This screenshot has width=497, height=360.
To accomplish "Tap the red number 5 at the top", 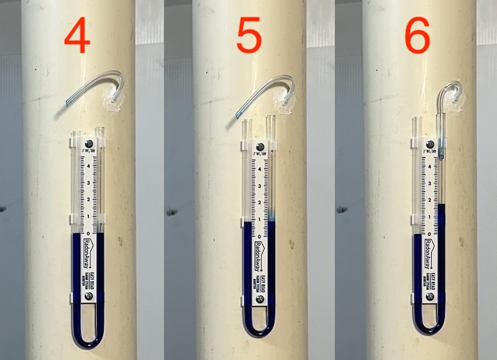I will tap(248, 38).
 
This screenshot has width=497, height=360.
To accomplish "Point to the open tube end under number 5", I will tap(239, 115).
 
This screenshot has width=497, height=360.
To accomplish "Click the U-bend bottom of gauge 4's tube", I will tap(87, 340).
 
